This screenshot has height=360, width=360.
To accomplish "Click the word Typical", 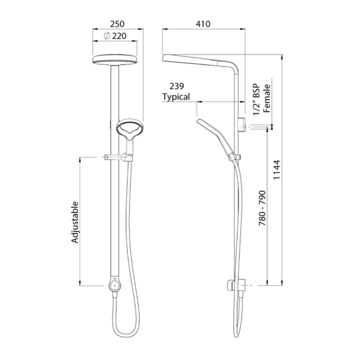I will click(x=176, y=97).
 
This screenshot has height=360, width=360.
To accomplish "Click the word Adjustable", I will click(x=76, y=222).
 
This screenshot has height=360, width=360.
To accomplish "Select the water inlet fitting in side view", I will click(x=242, y=125).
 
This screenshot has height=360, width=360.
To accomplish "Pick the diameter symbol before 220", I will click(x=106, y=36).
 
